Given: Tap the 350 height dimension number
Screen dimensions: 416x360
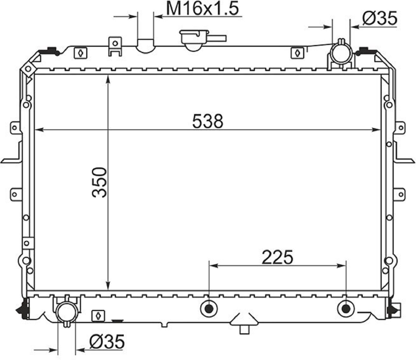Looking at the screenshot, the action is (99, 182).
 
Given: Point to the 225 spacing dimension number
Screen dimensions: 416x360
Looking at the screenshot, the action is (278, 257).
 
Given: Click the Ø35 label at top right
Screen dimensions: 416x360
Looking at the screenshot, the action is (380, 19).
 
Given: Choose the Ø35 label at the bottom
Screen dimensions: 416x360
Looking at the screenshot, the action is (107, 341).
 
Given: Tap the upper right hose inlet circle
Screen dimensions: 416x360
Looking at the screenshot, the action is (342, 54).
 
